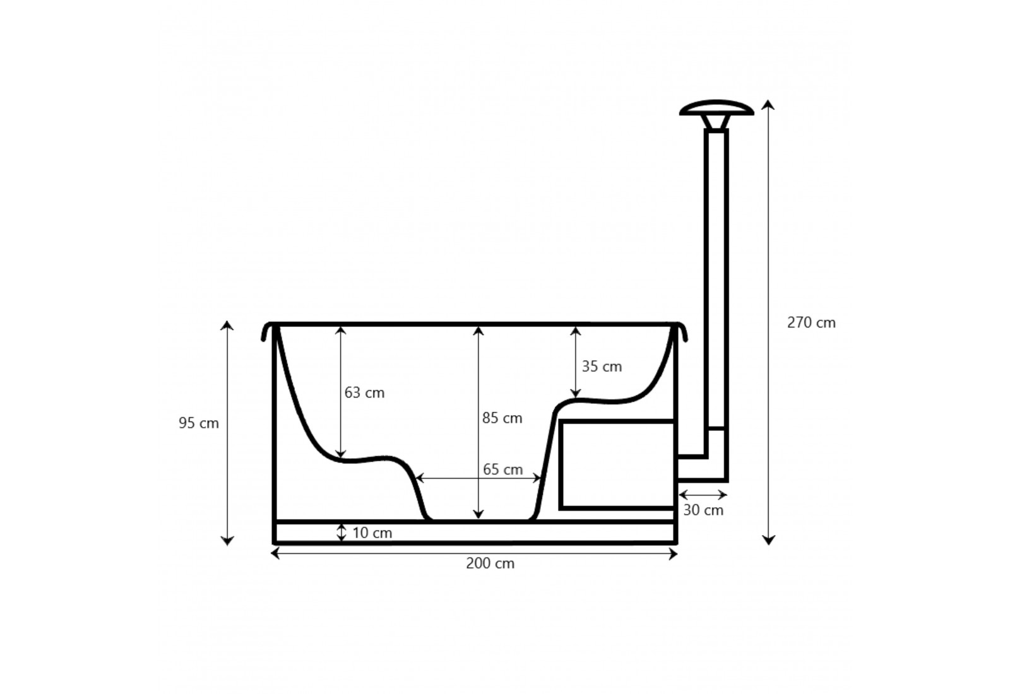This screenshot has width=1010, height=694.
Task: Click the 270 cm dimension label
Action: click(811, 322)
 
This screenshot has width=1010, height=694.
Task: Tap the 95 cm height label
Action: click(199, 423)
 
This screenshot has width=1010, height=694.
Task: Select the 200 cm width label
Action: click(490, 563)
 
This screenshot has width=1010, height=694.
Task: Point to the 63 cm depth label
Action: click(364, 393)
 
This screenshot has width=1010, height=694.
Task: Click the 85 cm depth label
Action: click(502, 418)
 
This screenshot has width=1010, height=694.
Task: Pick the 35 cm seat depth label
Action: click(602, 367)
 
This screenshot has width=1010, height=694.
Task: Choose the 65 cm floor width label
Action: click(502, 469)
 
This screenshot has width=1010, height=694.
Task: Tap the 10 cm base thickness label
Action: click(372, 533)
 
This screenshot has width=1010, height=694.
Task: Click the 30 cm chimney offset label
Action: click(703, 510)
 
